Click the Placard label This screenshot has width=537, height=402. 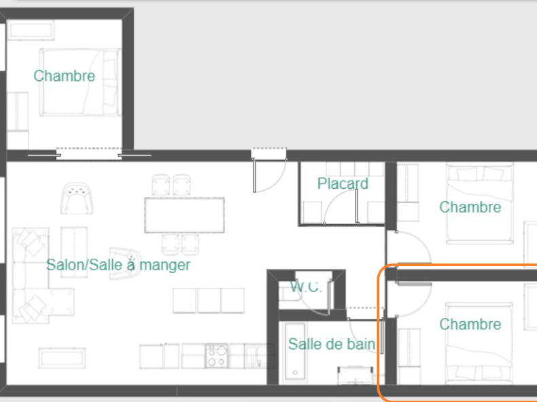click(343, 184)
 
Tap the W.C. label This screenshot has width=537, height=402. click(306, 287)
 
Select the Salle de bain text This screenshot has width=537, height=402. click(332, 344)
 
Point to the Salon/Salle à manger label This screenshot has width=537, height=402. click(118, 265)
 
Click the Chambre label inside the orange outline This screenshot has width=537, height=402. click(470, 325)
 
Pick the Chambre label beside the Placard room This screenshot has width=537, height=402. click(470, 207)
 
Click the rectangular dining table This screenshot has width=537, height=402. click(185, 215)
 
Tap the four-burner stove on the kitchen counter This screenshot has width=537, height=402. click(217, 356)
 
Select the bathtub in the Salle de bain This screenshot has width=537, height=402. click(295, 352)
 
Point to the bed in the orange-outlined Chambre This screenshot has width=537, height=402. click(479, 343)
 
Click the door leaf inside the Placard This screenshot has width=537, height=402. click(356, 206)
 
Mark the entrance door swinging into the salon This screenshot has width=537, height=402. click(254, 175)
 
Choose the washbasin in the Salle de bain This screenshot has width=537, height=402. click(356, 376)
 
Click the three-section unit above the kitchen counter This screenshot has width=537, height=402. click(209, 300)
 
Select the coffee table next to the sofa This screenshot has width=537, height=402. click(74, 252)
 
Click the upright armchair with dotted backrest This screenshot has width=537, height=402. click(77, 198)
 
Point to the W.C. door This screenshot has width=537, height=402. click(330, 297)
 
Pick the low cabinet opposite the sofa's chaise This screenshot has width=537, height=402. click(62, 359)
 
